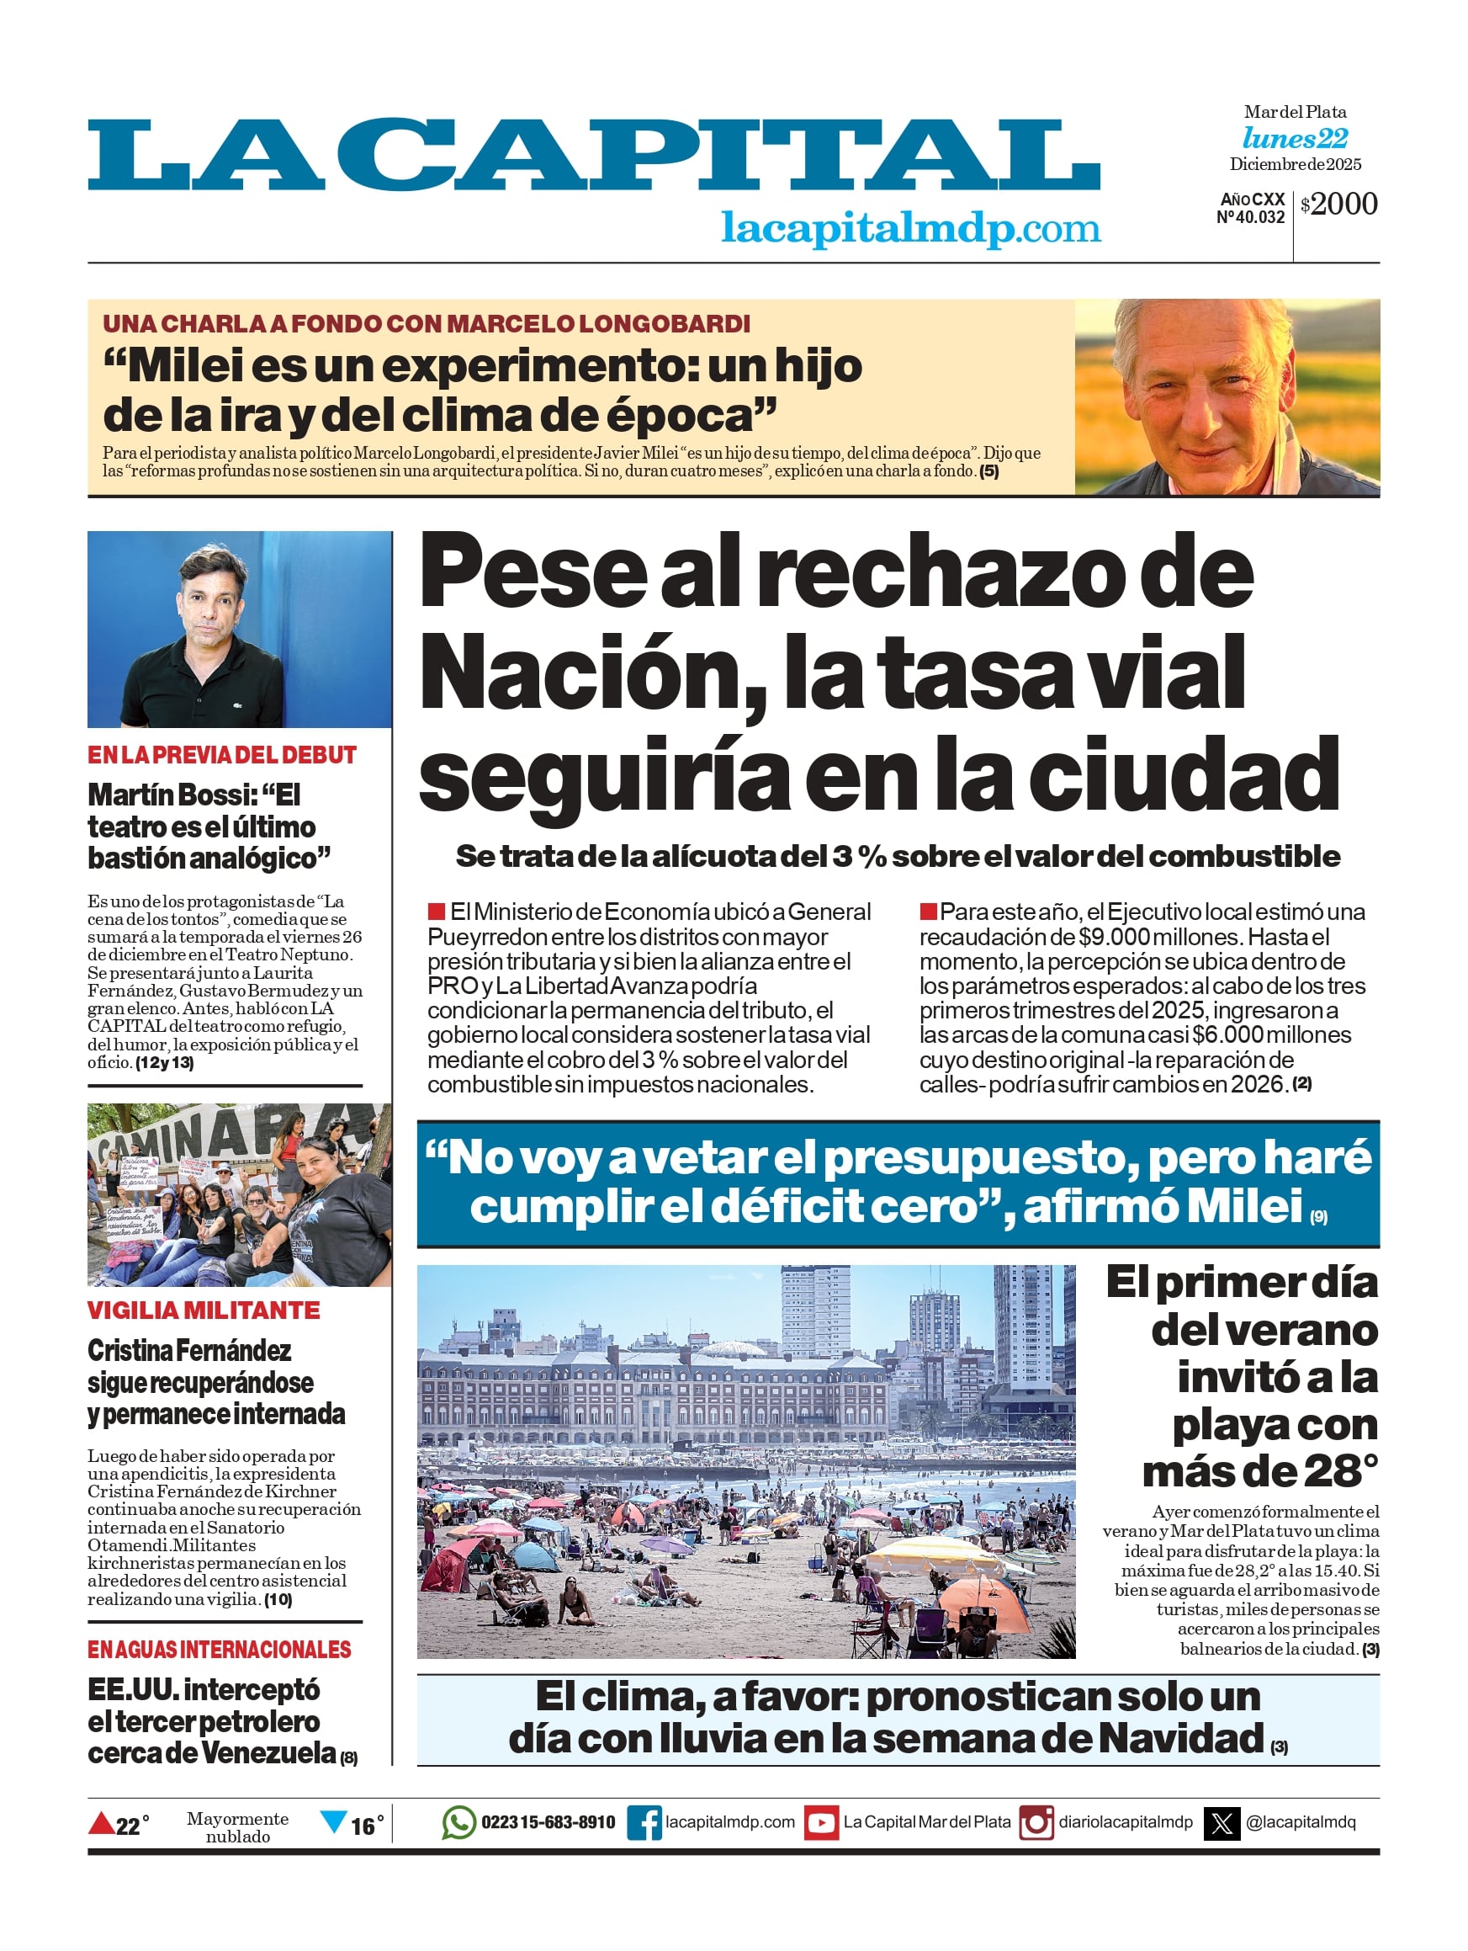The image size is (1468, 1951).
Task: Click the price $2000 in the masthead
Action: (1338, 204)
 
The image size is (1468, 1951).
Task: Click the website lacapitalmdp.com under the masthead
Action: (910, 228)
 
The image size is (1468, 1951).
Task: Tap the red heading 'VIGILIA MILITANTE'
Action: (204, 1310)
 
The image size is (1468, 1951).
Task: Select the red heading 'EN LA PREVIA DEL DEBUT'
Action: (221, 755)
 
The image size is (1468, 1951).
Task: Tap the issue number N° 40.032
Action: (1250, 217)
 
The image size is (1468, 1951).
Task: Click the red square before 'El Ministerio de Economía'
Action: (436, 910)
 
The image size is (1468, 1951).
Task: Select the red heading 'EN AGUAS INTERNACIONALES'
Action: (219, 1650)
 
